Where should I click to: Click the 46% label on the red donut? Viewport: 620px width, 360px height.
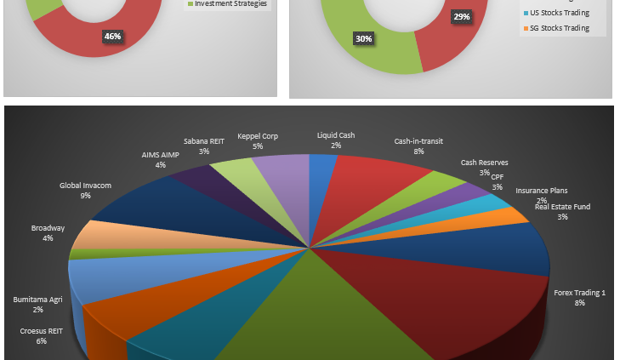coord(112,36)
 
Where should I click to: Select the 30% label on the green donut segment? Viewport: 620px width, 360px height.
coord(363,38)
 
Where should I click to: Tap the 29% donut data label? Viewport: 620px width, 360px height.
coord(462,17)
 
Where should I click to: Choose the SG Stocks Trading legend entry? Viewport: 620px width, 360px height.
coord(559,28)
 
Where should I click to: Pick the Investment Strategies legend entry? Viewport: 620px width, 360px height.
coord(230,3)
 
